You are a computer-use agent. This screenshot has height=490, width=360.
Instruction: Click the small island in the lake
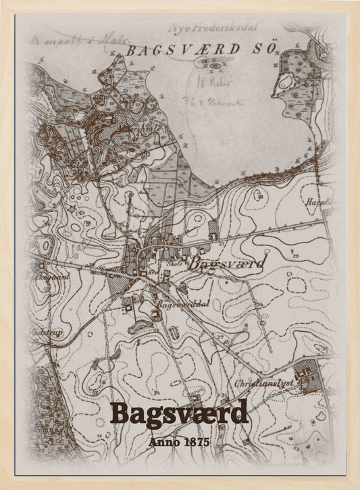215,66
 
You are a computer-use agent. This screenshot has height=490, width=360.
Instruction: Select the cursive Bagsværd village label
226,263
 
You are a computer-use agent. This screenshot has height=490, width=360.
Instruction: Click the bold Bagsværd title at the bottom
179,413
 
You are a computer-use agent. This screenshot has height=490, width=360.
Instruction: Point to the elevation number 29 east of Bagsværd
296,255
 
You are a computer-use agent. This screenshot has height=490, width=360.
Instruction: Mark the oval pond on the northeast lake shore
286,82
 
